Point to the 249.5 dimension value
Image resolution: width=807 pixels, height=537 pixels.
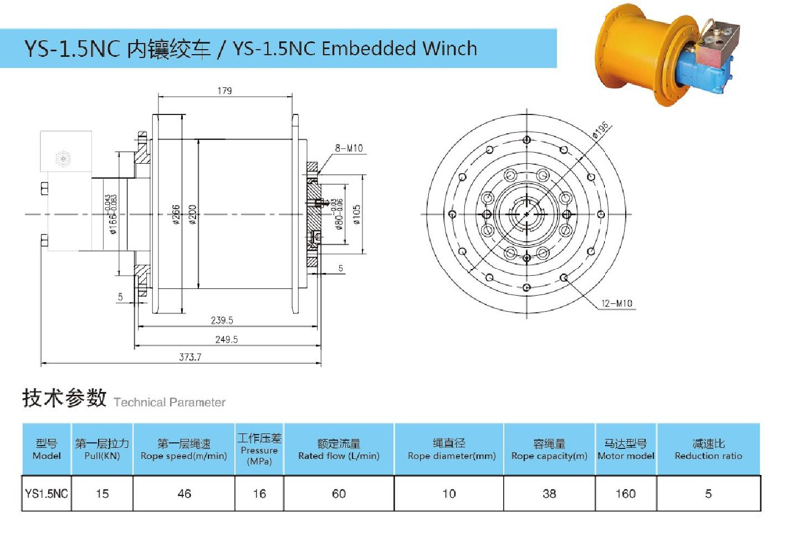(223, 339)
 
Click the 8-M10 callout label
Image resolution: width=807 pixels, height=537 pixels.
(348, 148)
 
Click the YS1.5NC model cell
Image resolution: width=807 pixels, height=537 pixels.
(46, 492)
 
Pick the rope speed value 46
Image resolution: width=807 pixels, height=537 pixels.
(184, 492)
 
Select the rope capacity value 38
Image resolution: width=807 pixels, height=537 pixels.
(548, 492)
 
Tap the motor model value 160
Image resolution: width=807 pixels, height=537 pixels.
(624, 492)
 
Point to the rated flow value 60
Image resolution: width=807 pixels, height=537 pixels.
(339, 492)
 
